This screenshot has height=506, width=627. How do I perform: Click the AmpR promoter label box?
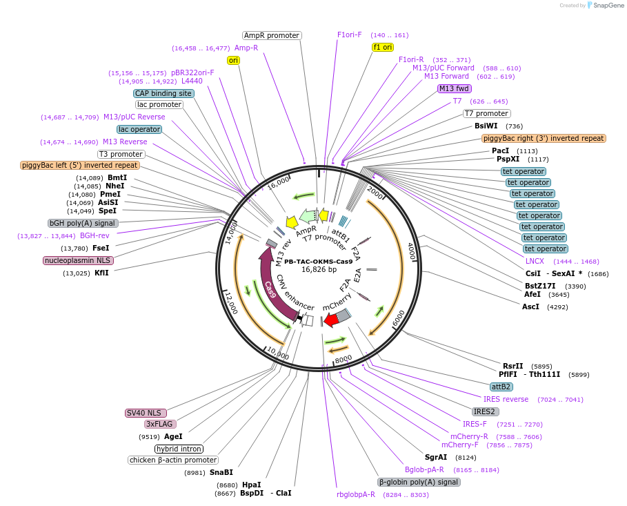(x=272, y=35)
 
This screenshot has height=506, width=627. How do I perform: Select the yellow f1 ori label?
(x=382, y=47)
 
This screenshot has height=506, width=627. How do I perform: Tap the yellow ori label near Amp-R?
(x=233, y=60)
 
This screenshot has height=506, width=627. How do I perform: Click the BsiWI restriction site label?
(x=486, y=126)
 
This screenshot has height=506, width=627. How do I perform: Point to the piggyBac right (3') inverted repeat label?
(x=544, y=138)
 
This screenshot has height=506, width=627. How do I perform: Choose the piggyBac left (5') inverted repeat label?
(x=80, y=165)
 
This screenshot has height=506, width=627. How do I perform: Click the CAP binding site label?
(x=163, y=93)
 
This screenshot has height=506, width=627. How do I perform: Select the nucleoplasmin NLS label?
(x=78, y=260)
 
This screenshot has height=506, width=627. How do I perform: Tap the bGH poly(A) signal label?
(x=83, y=223)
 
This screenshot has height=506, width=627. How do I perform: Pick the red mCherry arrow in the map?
(x=331, y=320)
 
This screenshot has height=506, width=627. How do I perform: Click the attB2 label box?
(x=500, y=387)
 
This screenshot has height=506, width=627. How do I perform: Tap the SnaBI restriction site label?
(x=221, y=472)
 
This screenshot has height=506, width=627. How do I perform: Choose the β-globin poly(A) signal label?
(x=419, y=482)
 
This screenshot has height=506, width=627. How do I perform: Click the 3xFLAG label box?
(x=159, y=424)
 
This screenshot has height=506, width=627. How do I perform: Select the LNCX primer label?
(x=535, y=261)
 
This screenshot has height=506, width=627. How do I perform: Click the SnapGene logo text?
(x=606, y=5)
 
